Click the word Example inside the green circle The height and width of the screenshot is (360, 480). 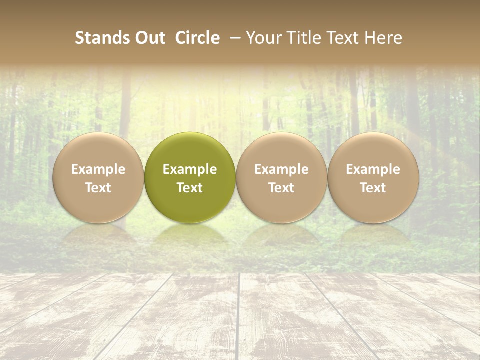[x=190, y=169]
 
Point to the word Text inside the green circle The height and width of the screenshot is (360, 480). [x=190, y=188]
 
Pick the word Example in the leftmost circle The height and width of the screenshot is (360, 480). [x=98, y=169]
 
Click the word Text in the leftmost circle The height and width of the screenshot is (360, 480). [x=98, y=188]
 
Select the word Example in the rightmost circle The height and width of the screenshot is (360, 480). [x=373, y=169]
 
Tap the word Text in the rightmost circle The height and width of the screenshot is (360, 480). [x=373, y=188]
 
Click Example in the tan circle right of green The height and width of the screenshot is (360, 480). [x=281, y=169]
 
